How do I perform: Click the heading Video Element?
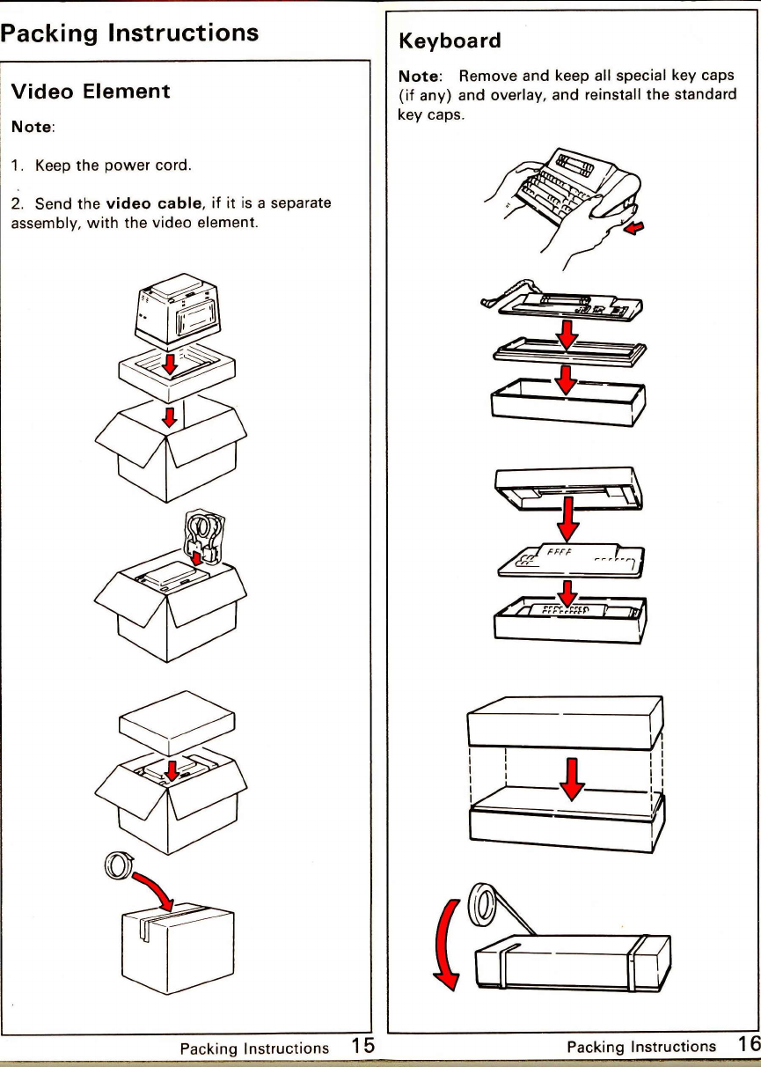88,91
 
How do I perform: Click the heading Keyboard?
450,41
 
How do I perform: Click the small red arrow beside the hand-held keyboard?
633,230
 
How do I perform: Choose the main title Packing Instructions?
128,33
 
